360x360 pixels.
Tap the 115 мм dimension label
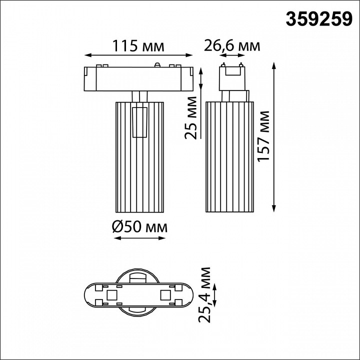[x=138, y=46]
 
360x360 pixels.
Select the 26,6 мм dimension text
[x=232, y=46]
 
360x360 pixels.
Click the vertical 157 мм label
[x=263, y=136]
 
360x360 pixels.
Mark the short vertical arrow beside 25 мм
[x=201, y=84]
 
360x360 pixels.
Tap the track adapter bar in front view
[x=138, y=78]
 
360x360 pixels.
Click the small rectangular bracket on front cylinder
[x=139, y=122]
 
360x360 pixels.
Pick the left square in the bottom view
[x=112, y=294]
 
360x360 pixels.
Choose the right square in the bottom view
[x=164, y=294]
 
